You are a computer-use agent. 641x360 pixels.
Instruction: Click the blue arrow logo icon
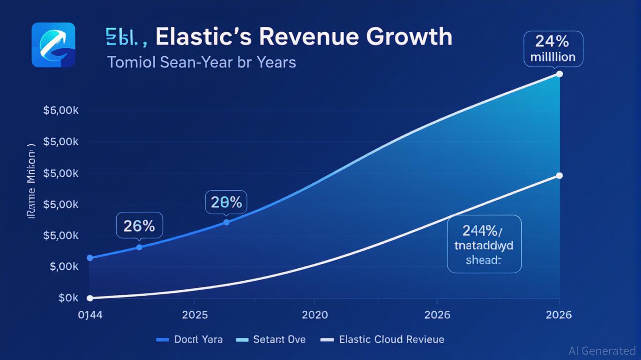tap(53, 45)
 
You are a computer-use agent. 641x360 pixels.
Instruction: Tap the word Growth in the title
tap(409, 37)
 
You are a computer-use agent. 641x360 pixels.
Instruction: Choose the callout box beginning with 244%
tap(484, 244)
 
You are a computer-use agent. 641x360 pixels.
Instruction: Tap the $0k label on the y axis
tap(68, 298)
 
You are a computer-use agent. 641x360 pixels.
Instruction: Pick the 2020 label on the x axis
tap(315, 314)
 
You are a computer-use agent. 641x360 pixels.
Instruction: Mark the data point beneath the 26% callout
tap(139, 247)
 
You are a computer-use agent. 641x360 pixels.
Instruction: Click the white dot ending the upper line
tap(559, 74)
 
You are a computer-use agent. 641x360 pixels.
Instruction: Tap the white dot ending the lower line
tap(559, 176)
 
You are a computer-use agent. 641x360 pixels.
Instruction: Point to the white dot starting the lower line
tap(90, 298)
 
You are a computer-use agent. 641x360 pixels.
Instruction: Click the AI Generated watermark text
tap(602, 351)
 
